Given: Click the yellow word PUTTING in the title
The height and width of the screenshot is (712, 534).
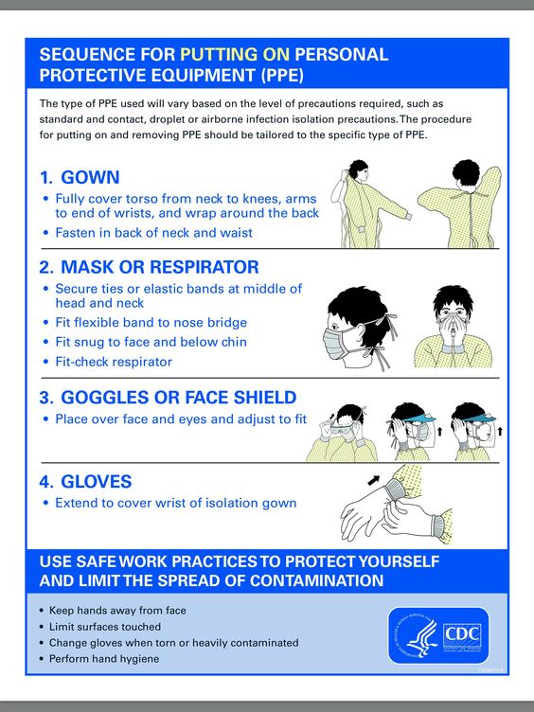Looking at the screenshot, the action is [x=235, y=55].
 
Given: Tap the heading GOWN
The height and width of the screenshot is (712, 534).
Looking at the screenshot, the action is [x=90, y=177].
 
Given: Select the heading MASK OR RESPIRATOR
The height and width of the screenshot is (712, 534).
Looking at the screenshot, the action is [x=160, y=267].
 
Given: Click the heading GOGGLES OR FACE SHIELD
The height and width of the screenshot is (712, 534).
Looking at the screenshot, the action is [x=178, y=398].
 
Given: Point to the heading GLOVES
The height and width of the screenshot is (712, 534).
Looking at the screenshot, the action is [x=97, y=481].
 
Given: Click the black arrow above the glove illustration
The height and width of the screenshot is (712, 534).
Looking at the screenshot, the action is [x=374, y=480].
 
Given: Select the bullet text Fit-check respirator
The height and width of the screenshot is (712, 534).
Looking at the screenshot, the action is [x=114, y=362].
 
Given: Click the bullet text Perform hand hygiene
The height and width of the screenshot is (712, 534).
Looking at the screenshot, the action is [x=104, y=659].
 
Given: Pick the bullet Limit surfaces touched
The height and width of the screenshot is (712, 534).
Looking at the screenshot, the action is [x=105, y=627].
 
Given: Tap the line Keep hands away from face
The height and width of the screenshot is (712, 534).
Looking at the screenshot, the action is [x=117, y=611].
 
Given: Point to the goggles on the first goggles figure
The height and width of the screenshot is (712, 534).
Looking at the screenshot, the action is [x=342, y=429].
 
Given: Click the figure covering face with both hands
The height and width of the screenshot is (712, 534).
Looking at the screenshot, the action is [x=453, y=326].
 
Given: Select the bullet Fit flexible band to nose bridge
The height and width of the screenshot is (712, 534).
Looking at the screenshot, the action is [x=151, y=323].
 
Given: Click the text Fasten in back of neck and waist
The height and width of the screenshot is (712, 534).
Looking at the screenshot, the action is [x=154, y=233].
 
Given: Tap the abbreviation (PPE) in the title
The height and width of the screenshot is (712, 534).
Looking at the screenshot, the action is [x=282, y=75].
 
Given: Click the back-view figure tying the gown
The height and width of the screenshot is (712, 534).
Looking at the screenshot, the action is [x=459, y=204].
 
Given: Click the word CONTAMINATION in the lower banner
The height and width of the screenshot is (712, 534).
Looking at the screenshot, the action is [x=316, y=580].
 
